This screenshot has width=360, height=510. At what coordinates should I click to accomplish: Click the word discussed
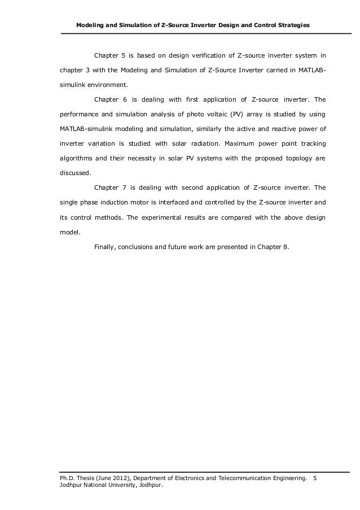(76, 173)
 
